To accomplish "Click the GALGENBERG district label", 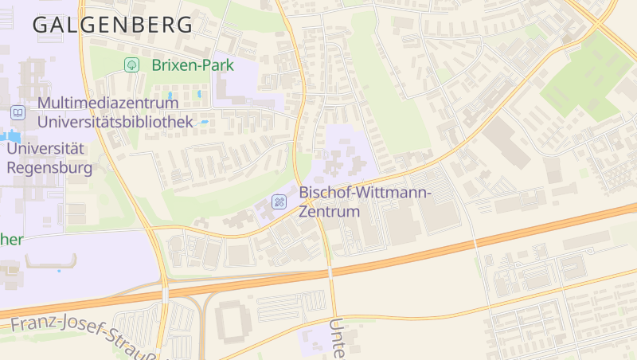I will (x=112, y=25).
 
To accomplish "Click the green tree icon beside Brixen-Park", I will (x=130, y=65).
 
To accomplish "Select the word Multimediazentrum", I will (x=107, y=104).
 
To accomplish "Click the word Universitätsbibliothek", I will (x=115, y=122).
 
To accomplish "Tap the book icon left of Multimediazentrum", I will (x=18, y=113).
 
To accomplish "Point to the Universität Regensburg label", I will (x=49, y=158).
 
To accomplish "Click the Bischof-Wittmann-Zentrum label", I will (x=365, y=202).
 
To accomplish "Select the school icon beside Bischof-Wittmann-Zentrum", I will (x=279, y=202).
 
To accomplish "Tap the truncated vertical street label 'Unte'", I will (x=338, y=338).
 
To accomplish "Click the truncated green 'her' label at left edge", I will (x=11, y=240).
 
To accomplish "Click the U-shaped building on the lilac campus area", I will (x=51, y=261).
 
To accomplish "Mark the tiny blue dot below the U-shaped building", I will (x=58, y=272).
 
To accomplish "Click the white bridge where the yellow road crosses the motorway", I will (x=329, y=272).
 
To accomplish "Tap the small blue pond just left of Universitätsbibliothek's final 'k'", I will (x=205, y=123).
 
